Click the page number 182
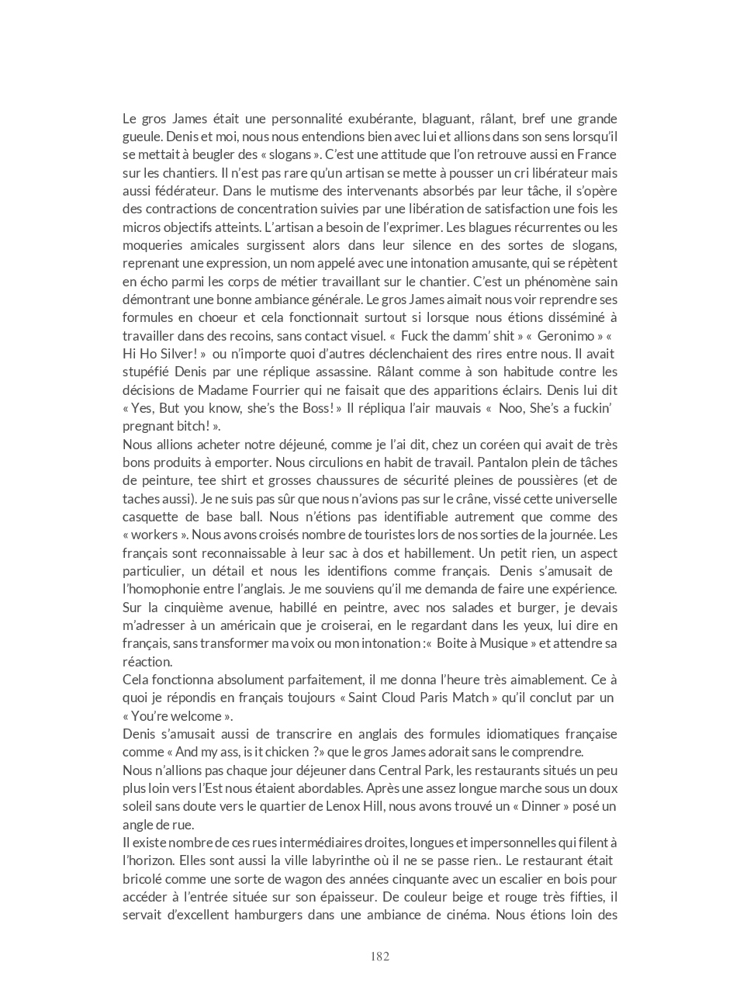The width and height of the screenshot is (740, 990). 379,956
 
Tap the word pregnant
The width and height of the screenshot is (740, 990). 150,426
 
